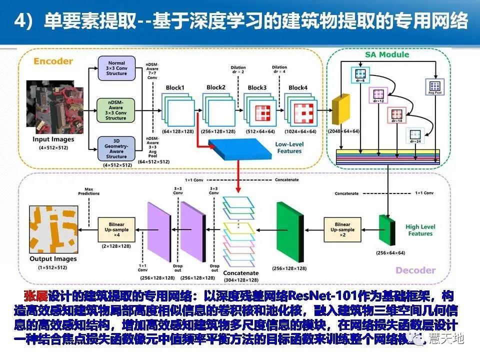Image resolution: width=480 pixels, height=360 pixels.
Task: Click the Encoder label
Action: tap(52, 61)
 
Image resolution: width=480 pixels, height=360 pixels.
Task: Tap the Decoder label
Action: tap(415, 270)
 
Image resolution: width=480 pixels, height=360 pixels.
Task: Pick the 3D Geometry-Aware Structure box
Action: tap(115, 149)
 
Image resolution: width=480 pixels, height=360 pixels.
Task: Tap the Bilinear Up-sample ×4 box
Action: tap(116, 229)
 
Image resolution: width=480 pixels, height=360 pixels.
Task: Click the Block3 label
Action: tap(256, 88)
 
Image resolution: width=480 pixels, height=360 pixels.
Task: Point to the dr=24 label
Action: tap(414, 141)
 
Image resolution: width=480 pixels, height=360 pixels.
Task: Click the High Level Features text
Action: tap(419, 230)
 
